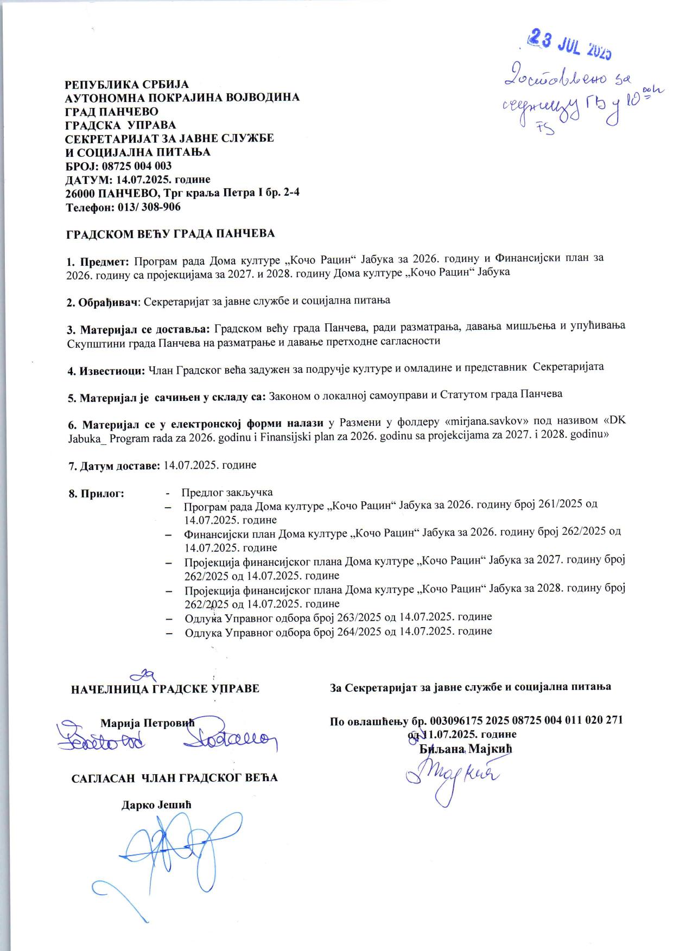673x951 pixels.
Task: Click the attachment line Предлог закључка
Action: click(x=227, y=493)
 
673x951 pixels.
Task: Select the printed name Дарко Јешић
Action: click(x=156, y=804)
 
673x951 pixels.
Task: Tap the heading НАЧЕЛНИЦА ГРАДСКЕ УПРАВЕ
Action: click(x=165, y=689)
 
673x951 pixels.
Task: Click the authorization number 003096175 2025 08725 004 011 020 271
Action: click(x=526, y=720)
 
